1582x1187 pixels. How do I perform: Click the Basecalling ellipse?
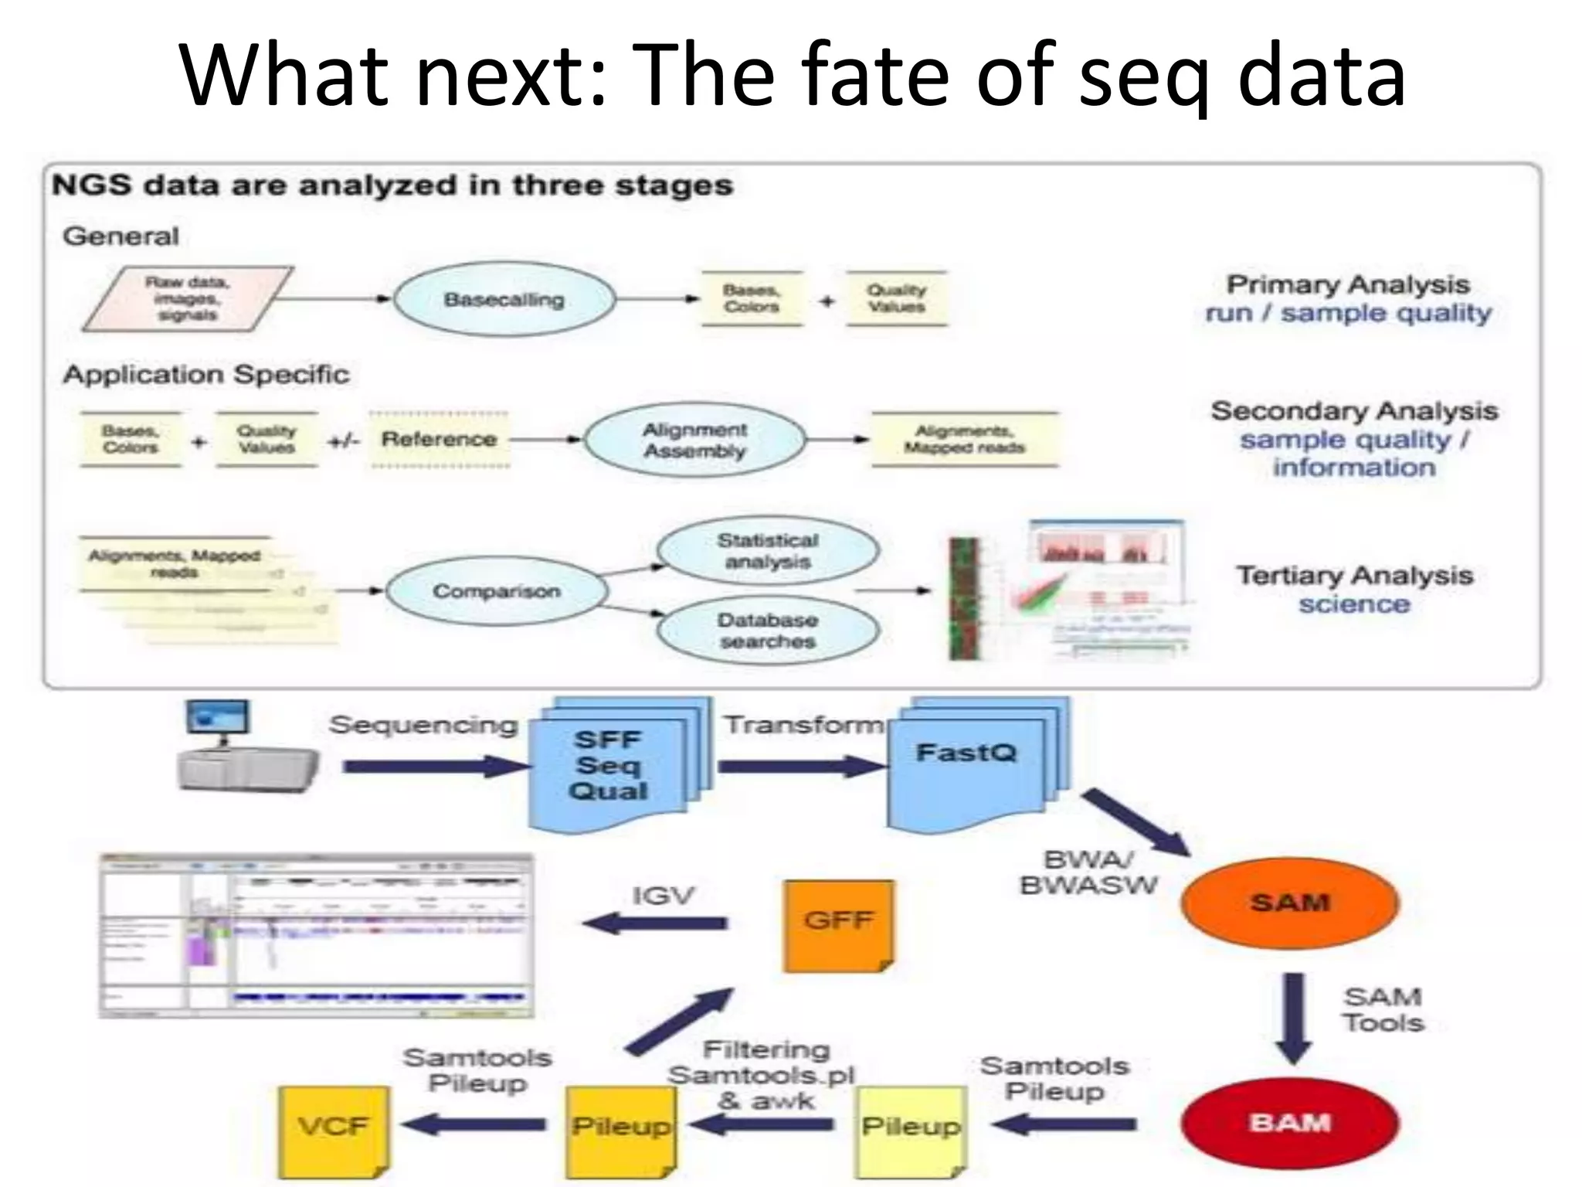tap(504, 299)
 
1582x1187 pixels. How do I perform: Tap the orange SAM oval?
tap(1289, 903)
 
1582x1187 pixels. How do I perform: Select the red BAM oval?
tap(1289, 1122)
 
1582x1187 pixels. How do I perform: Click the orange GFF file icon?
tap(838, 924)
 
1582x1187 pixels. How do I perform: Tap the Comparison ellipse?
tap(497, 591)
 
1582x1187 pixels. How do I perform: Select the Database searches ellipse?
tap(767, 631)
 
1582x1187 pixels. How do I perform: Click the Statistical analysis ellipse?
tap(767, 550)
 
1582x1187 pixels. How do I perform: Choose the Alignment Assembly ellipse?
tap(694, 440)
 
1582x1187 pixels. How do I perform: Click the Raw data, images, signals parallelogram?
tap(187, 299)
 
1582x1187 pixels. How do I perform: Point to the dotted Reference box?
tap(439, 440)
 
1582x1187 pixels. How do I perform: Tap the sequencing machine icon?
tap(246, 748)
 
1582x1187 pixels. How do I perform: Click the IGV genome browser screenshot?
tap(316, 936)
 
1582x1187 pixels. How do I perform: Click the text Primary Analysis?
tap(1348, 284)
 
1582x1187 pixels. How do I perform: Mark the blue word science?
tap(1354, 604)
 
